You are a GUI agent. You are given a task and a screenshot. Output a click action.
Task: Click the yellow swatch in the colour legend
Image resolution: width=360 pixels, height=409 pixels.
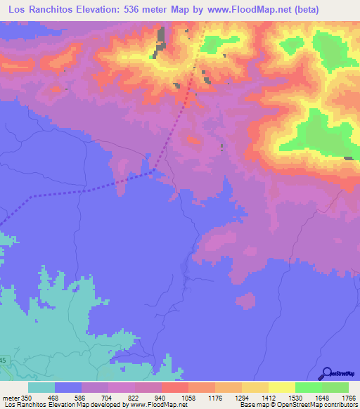[x=281, y=388]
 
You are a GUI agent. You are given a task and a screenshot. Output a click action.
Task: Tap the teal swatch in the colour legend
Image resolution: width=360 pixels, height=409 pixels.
[x=41, y=388]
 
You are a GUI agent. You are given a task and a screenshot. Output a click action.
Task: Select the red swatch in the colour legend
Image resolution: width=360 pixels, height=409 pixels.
[x=175, y=388]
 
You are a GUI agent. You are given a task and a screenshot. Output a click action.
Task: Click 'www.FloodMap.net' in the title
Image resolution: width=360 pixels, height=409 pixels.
[x=233, y=10]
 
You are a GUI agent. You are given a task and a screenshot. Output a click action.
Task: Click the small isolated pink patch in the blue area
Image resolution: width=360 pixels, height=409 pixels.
[x=245, y=301]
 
